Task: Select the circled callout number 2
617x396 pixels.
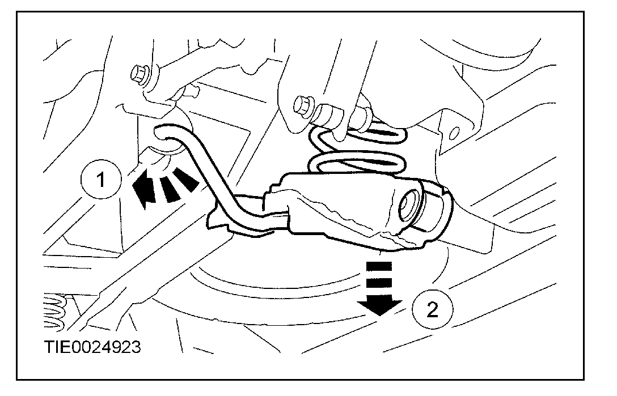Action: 433,309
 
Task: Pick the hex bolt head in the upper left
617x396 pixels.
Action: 140,74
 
